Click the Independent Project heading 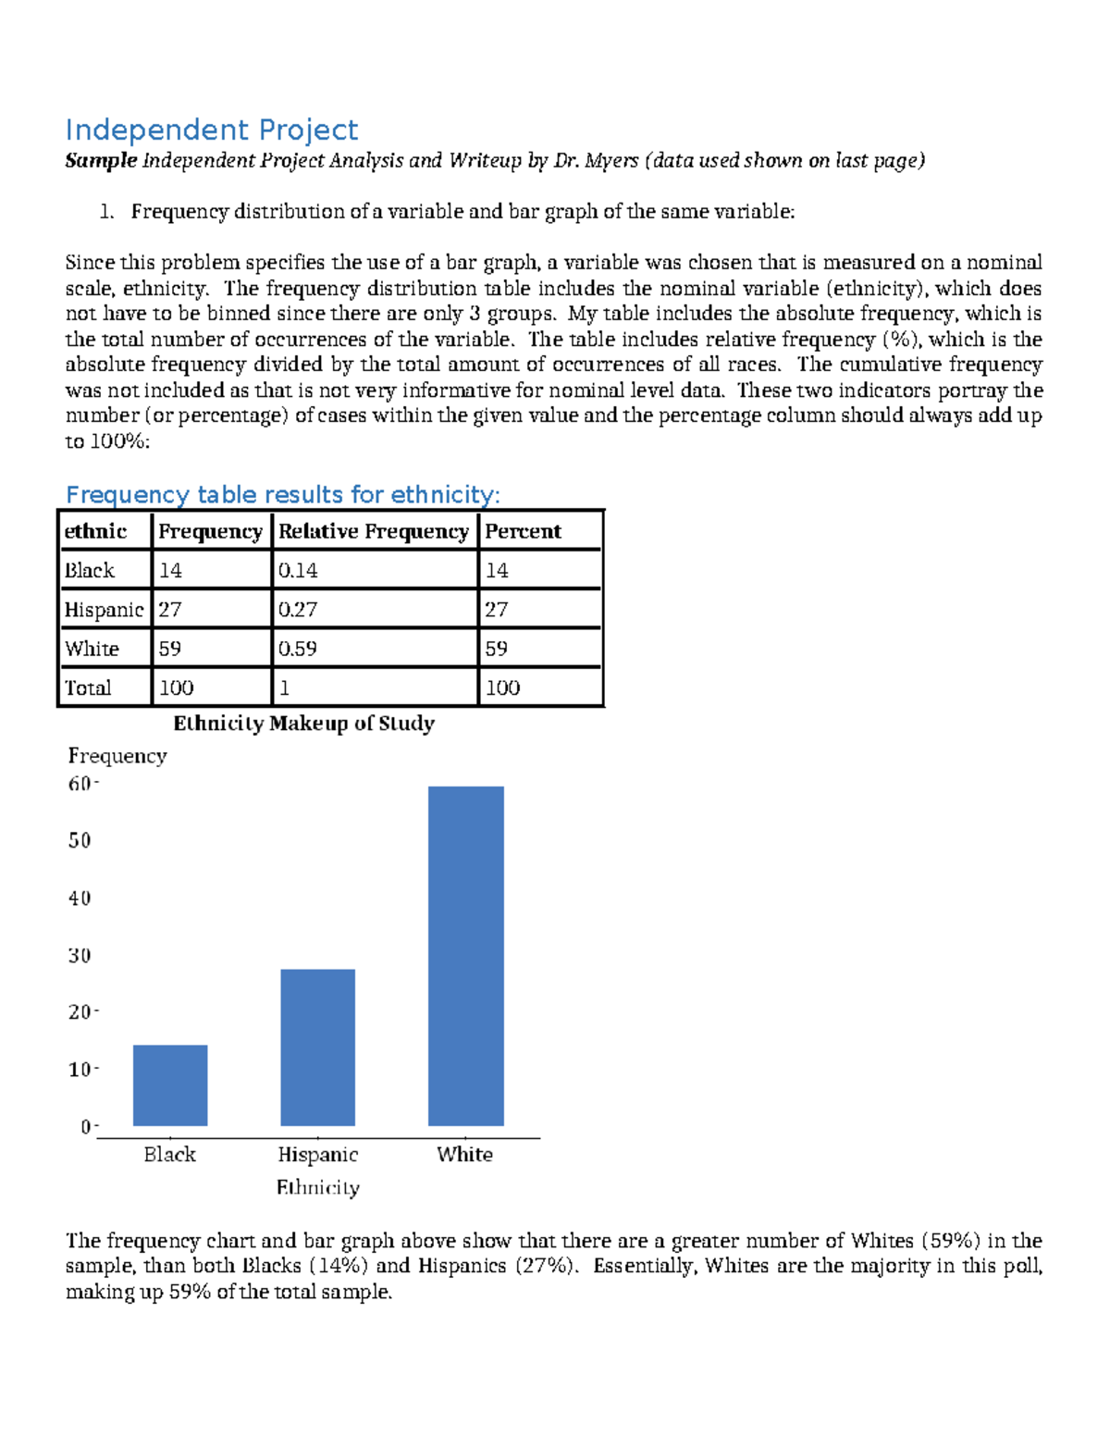211,130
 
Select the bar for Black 170,1084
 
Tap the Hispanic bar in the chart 317,1047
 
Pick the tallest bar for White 465,955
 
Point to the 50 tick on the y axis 80,840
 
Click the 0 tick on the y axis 86,1126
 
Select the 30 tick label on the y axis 80,955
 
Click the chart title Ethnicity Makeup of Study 303,723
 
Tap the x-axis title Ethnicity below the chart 317,1187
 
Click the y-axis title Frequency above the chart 117,756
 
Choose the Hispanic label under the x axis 317,1154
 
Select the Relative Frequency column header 374,531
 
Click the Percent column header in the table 523,531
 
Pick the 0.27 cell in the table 298,609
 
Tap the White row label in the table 92,649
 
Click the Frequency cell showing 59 170,649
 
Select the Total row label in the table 88,688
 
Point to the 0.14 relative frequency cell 298,570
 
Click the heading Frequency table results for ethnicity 282,494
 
